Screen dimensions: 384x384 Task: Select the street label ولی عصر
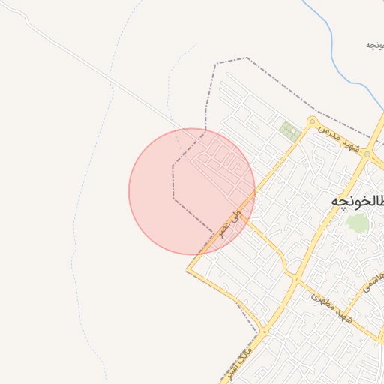[x=231, y=222]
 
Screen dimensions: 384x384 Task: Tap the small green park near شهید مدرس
[x=289, y=131]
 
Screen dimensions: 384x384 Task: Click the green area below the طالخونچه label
[x=359, y=223]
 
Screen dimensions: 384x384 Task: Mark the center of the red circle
[x=192, y=191]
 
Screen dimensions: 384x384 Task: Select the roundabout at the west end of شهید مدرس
[x=313, y=122]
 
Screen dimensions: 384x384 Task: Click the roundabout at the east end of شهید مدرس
[x=367, y=154]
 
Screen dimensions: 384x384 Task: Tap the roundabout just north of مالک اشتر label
[x=263, y=331]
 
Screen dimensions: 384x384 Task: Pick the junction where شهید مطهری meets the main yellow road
[x=296, y=280]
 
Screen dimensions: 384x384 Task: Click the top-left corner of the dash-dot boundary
[x=214, y=64]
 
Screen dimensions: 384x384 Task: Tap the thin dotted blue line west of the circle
[x=79, y=225]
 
